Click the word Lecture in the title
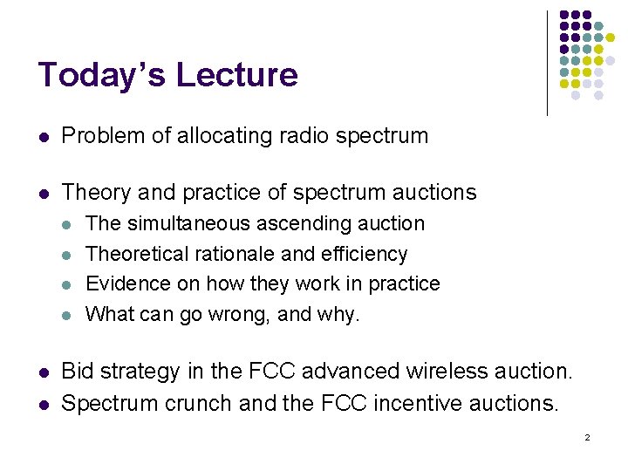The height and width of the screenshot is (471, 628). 236,75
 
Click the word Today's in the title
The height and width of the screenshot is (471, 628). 101,75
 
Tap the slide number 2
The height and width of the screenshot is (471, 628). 587,437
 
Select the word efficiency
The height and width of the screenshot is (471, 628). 366,254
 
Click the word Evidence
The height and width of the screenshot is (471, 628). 125,283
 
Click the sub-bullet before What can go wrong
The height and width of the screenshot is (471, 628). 68,315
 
